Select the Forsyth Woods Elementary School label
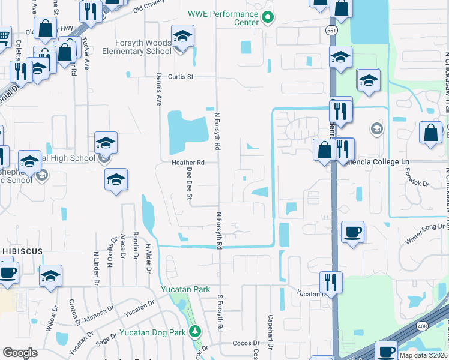point(145,47)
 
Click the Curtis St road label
point(181,77)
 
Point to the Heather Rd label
point(188,163)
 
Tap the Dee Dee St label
point(189,183)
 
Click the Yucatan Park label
point(185,289)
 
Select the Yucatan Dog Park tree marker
point(194,331)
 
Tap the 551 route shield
point(331,30)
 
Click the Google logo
point(20,353)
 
